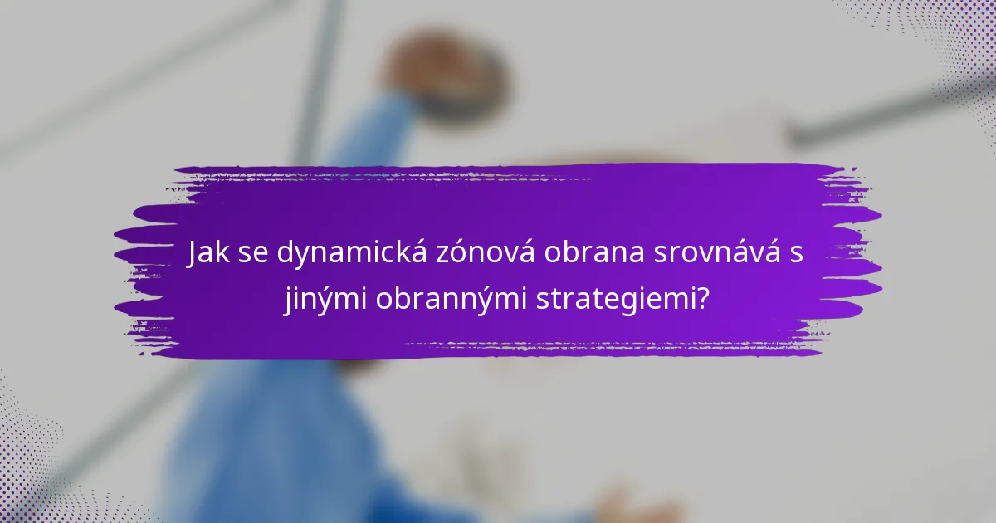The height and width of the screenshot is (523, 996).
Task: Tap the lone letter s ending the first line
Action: click(x=797, y=255)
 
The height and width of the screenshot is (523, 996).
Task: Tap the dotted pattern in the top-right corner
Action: click(x=946, y=42)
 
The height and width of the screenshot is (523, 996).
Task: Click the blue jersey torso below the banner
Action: click(x=274, y=440)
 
